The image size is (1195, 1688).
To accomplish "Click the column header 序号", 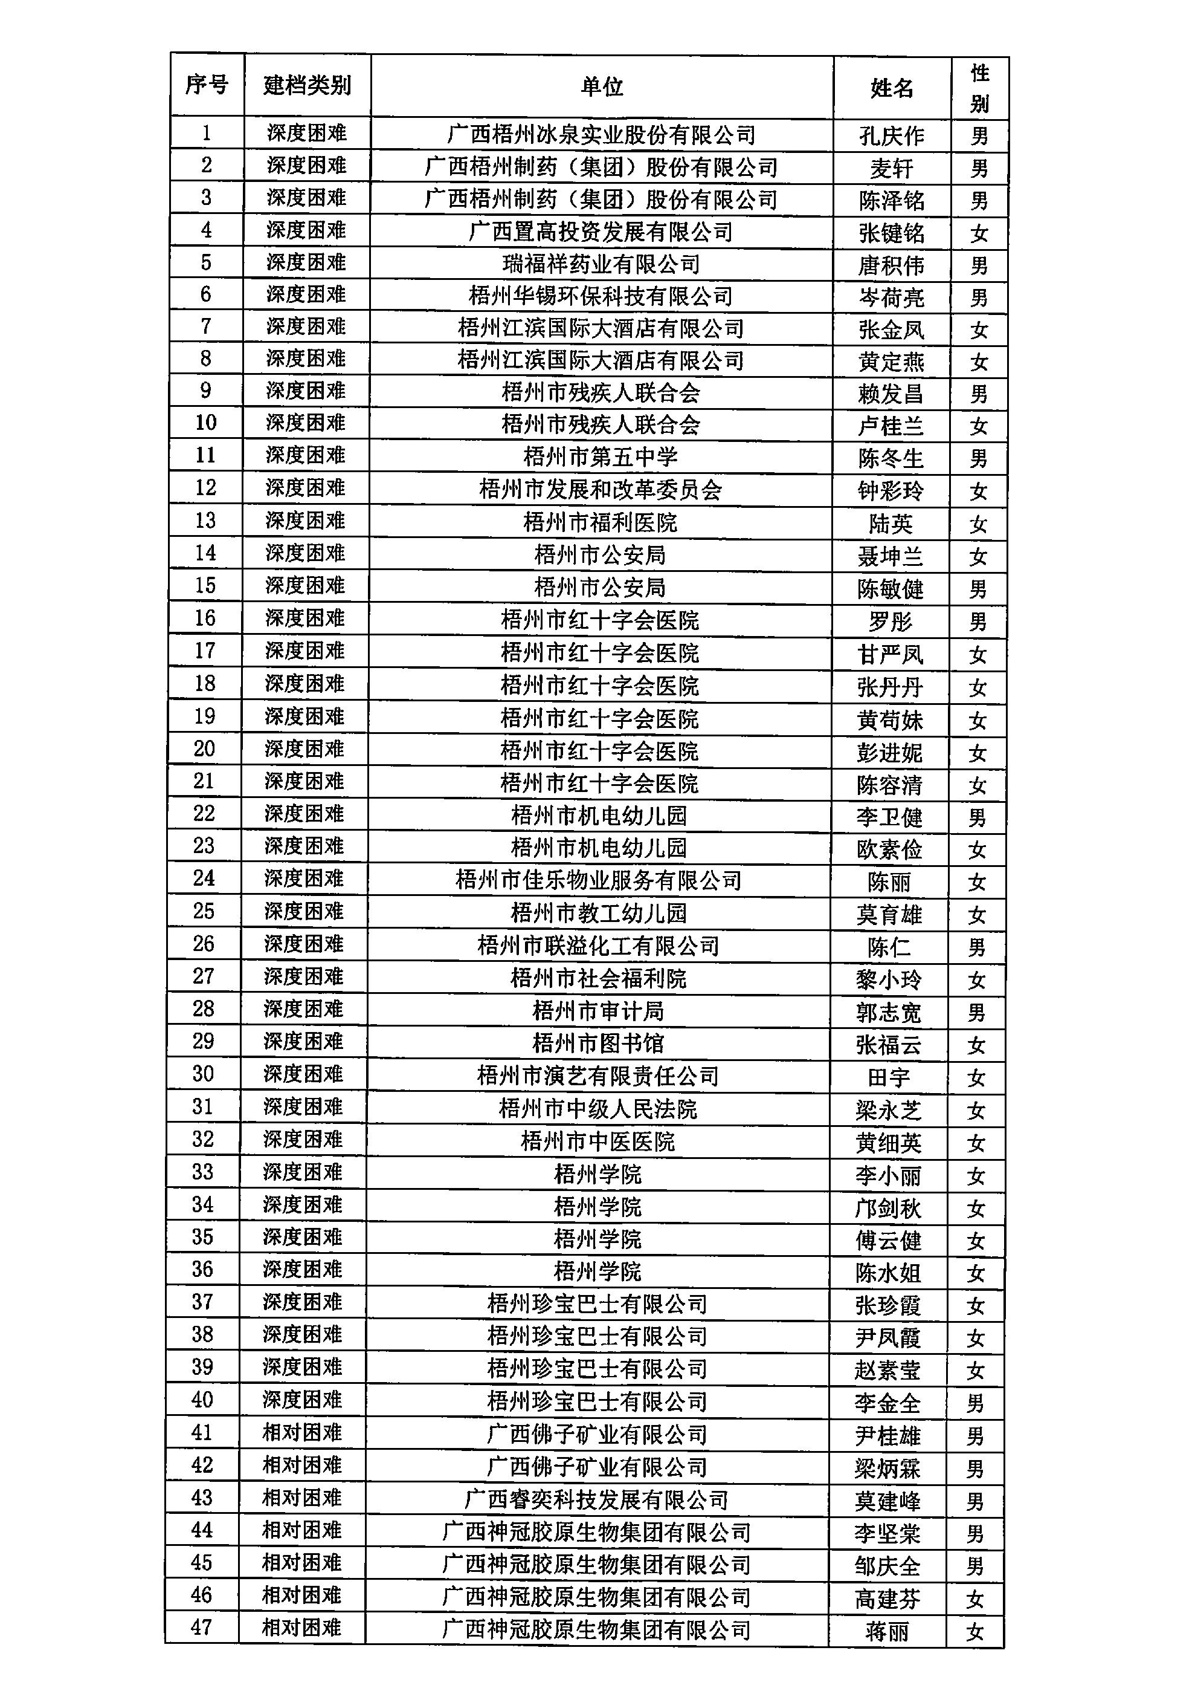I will pyautogui.click(x=206, y=85).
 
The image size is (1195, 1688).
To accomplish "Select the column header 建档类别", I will pyautogui.click(x=307, y=85).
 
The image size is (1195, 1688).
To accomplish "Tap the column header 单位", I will pyautogui.click(x=601, y=87).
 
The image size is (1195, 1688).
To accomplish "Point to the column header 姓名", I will pyautogui.click(x=891, y=88).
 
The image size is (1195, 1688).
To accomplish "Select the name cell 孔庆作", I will pyautogui.click(x=891, y=136).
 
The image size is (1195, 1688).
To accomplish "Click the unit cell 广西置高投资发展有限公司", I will pyautogui.click(x=601, y=232).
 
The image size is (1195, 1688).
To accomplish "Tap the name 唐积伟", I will pyautogui.click(x=891, y=265).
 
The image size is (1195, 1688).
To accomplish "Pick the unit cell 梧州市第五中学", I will pyautogui.click(x=601, y=457).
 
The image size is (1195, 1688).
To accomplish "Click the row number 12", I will pyautogui.click(x=205, y=487).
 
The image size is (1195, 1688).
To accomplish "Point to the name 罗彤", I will pyautogui.click(x=890, y=622).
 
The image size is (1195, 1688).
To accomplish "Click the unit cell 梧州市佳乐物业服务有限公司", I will pyautogui.click(x=598, y=880).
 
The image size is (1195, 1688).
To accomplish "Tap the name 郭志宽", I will pyautogui.click(x=888, y=1013).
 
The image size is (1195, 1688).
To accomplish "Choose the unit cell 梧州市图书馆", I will pyautogui.click(x=597, y=1043).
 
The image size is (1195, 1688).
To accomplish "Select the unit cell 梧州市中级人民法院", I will pyautogui.click(x=597, y=1109).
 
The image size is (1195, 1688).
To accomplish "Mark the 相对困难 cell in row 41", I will pyautogui.click(x=301, y=1432).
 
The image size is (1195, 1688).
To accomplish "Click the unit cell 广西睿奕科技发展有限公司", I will pyautogui.click(x=596, y=1499).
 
